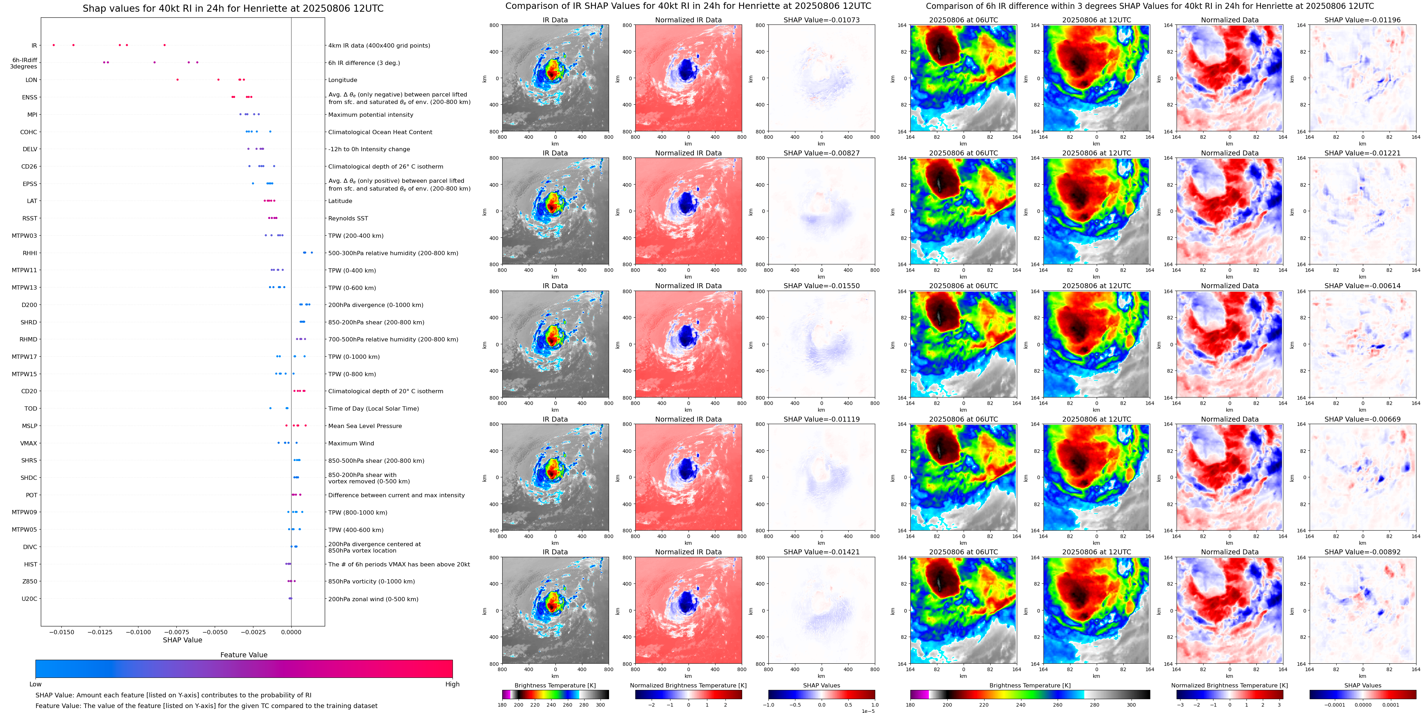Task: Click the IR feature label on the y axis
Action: click(34, 45)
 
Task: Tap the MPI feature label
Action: click(32, 115)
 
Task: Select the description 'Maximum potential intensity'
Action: click(371, 115)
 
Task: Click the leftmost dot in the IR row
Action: click(54, 45)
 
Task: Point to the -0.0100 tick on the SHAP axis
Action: click(138, 632)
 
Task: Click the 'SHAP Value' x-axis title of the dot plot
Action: click(182, 640)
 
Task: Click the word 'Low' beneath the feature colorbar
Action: click(35, 684)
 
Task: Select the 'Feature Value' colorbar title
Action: click(243, 655)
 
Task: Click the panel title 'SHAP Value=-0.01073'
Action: click(822, 20)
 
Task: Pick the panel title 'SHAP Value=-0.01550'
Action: click(822, 286)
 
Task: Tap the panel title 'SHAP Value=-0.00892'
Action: click(1363, 552)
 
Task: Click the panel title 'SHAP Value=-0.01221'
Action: click(1363, 153)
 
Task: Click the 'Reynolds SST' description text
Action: click(348, 219)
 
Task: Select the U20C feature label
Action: click(29, 598)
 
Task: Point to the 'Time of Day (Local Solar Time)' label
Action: click(373, 409)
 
